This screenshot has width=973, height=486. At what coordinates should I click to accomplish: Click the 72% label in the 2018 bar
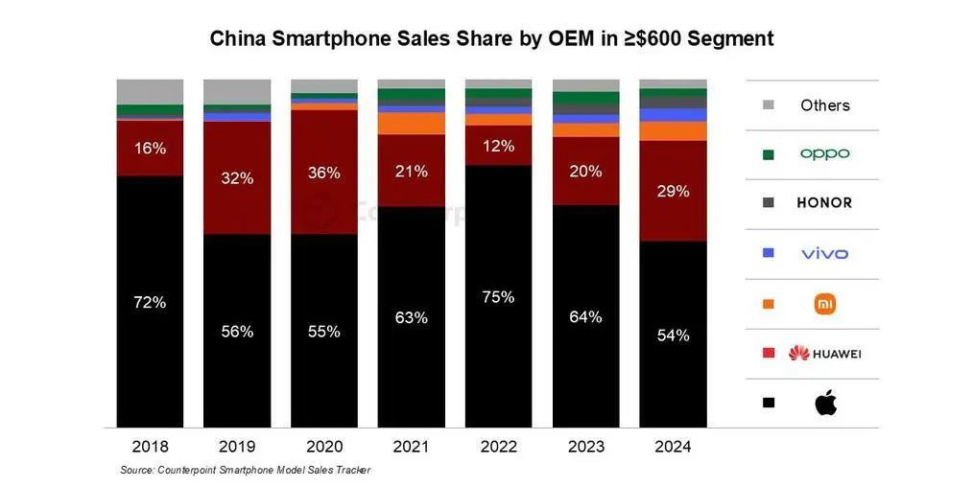tap(150, 302)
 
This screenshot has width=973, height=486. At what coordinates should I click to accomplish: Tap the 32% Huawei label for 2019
tap(237, 178)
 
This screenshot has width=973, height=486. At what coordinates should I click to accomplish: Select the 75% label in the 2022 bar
tap(498, 297)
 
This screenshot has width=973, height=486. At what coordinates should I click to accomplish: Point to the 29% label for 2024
tap(673, 191)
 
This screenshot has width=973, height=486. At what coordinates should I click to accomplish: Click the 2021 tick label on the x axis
tap(411, 447)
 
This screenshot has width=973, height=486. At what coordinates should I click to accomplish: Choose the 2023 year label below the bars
tap(585, 447)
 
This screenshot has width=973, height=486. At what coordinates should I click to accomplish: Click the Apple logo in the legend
tap(825, 404)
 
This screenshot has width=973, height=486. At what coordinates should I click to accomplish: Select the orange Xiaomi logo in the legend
tap(825, 304)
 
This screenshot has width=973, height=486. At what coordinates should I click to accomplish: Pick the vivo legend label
tap(825, 253)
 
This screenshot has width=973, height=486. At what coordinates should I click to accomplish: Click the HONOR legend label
tap(824, 203)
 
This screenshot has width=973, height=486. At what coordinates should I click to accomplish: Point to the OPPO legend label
tap(825, 153)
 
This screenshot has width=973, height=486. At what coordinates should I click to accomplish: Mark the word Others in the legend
tap(825, 105)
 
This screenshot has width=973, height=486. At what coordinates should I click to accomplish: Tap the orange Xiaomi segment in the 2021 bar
tap(411, 124)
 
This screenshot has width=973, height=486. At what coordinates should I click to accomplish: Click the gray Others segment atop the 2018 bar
tap(150, 91)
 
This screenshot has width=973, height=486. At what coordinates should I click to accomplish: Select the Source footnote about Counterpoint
tap(245, 470)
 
